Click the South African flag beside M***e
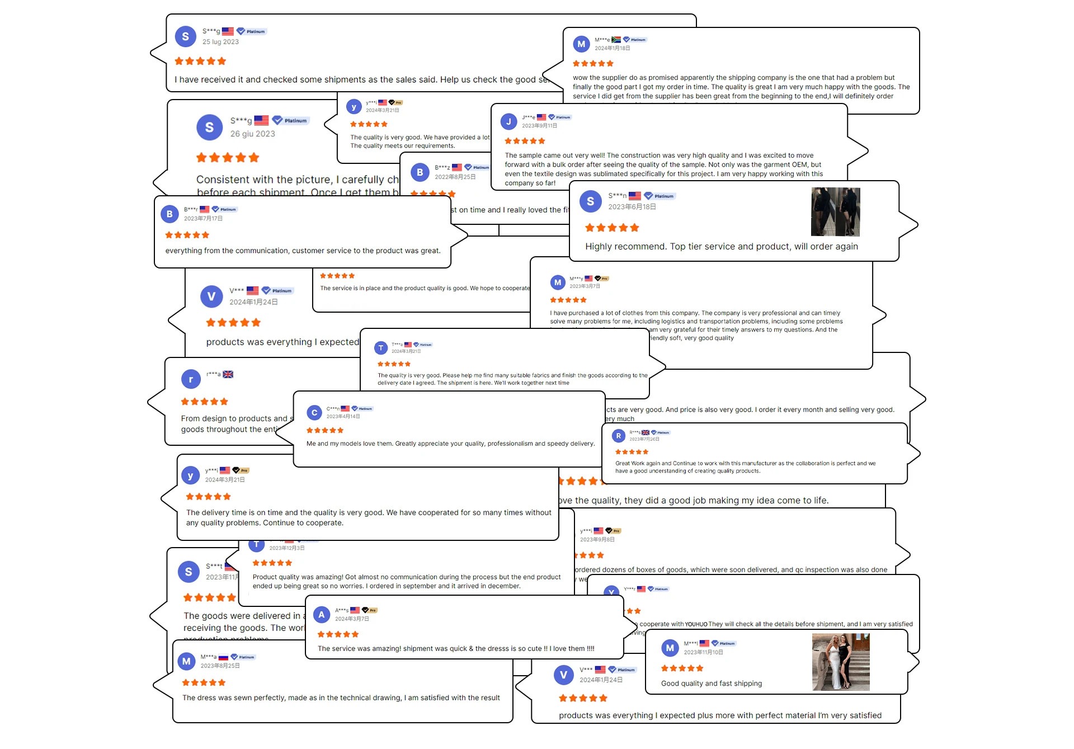point(616,40)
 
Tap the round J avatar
point(508,121)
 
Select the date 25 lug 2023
point(220,42)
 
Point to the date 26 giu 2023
point(252,134)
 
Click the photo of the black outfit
point(835,211)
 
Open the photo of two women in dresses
point(840,662)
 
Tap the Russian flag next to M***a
point(223,657)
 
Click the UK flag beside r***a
point(228,374)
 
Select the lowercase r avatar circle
point(191,379)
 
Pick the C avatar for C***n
point(314,413)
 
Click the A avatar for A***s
point(321,615)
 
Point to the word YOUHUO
point(696,624)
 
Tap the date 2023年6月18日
point(632,207)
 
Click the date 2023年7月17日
point(203,219)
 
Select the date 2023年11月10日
point(703,652)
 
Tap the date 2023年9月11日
point(539,126)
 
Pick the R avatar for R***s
point(618,436)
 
